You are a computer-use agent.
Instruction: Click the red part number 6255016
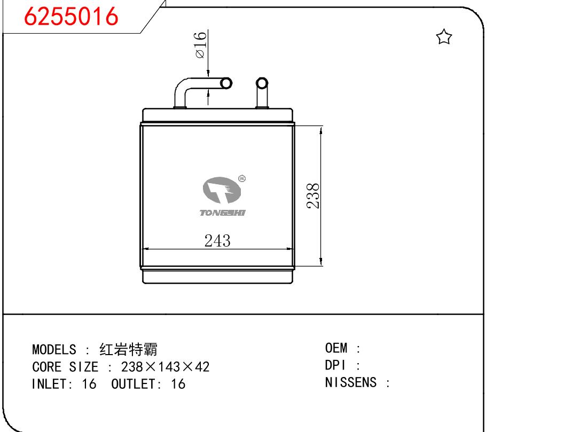71,17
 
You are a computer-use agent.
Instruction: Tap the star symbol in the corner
444,37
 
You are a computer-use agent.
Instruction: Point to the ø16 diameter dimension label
201,45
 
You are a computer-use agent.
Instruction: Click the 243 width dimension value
217,241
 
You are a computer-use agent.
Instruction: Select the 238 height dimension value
313,196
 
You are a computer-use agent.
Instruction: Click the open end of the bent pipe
226,83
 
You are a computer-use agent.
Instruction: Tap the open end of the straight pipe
262,83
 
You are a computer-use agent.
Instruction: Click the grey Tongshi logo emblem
222,190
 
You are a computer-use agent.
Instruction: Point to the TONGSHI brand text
223,213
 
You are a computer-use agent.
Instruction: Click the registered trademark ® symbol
242,178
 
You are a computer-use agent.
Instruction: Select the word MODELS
54,350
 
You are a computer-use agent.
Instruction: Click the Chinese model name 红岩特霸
128,350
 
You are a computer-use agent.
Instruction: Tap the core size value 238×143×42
165,367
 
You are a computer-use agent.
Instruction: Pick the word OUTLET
133,384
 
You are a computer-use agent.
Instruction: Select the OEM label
336,348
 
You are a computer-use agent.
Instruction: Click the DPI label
335,365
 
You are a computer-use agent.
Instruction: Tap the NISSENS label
350,382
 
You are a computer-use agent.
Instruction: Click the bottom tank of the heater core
217,277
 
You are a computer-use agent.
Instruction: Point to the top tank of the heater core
217,115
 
